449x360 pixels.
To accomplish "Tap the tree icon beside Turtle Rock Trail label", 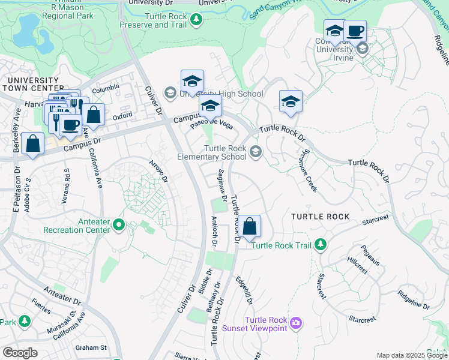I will point(321,244).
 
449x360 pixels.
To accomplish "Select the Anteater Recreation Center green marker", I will point(118,225).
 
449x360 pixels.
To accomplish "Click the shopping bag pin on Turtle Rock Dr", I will point(251,227).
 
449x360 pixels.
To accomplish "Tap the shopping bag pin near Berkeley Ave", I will point(33,144).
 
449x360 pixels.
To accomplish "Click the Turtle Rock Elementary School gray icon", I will point(256,152).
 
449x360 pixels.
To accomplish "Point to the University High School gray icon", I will point(170,93).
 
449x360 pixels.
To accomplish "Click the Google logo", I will point(20,352).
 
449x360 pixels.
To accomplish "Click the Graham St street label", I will point(91,347).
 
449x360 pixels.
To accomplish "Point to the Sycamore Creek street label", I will point(309,171).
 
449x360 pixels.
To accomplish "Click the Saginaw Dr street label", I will point(221,185).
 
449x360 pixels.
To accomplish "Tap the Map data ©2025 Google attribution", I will point(412,355).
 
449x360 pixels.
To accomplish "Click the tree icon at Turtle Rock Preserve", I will point(196,20).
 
